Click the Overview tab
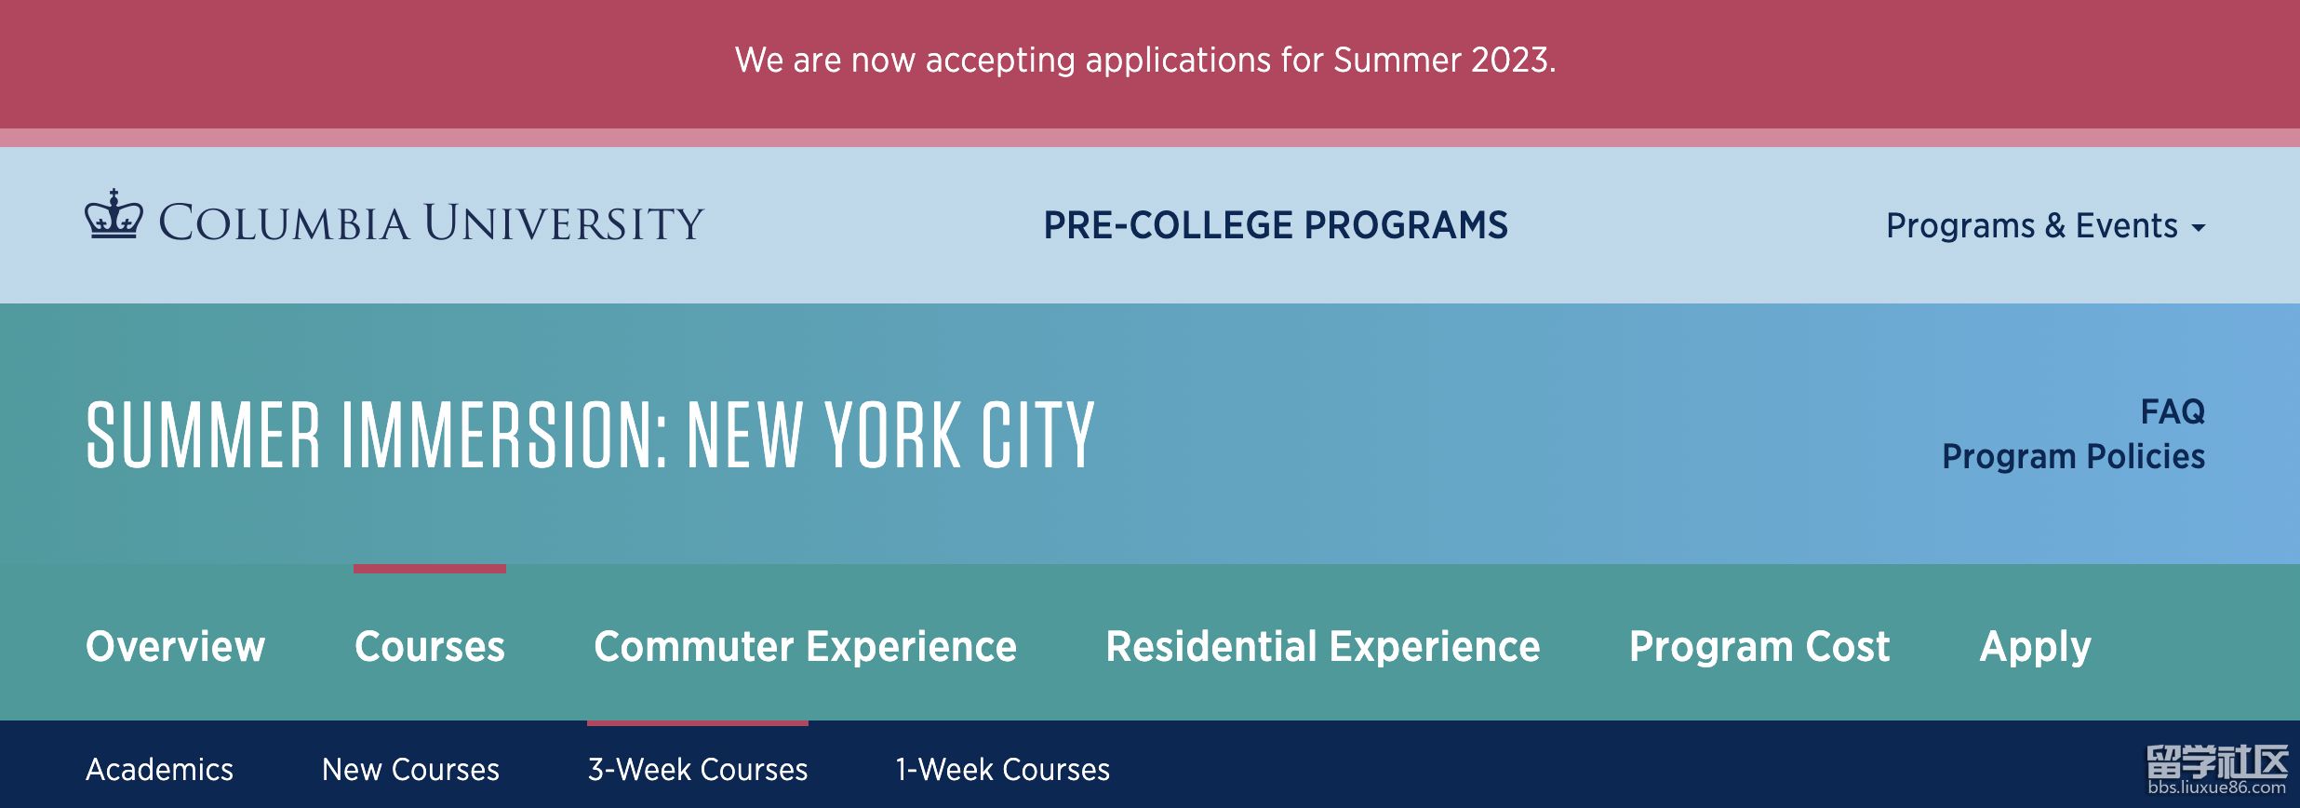pos(176,646)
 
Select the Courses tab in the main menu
pos(430,646)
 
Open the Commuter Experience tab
pos(806,646)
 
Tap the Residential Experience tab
pos(1323,646)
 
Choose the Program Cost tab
pos(1759,646)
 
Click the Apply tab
pos(2036,646)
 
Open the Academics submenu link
pos(160,770)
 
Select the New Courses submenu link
pos(411,770)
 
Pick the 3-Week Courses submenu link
pos(698,770)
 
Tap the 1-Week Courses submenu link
pos(1003,770)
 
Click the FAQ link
pos(2173,411)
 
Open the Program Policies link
pos(2074,456)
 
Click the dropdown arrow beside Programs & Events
pos(2199,227)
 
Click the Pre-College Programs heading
pos(1276,225)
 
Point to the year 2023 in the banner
pos(1514,61)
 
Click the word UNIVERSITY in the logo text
pos(564,222)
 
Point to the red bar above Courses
pos(430,569)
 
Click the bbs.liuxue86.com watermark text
pos(2217,788)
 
